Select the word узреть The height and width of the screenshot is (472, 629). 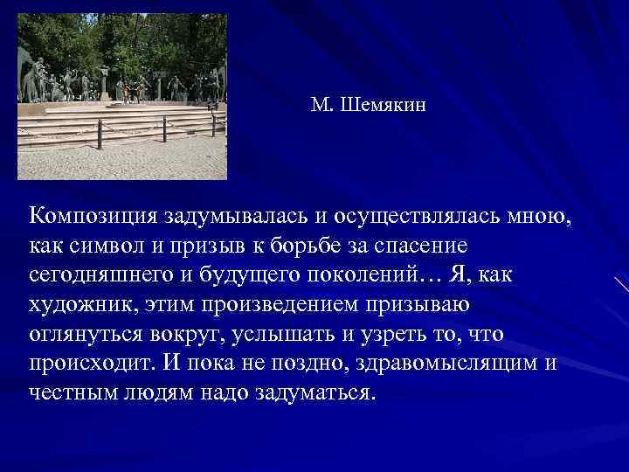(x=380, y=334)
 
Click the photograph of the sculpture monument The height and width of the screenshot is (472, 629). (x=121, y=96)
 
